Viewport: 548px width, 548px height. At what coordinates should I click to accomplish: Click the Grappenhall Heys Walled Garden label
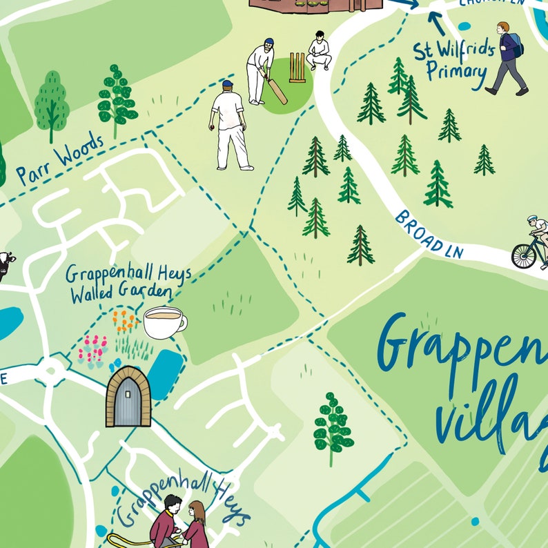(127, 283)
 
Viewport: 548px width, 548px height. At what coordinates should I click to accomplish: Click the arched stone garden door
(128, 397)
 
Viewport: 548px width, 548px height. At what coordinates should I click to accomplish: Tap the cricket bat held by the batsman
(274, 89)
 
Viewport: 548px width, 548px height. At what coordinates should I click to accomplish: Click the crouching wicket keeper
(318, 51)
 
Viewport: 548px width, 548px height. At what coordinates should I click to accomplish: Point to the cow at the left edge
(6, 265)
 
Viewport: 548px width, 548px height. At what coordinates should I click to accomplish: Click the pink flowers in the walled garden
(92, 349)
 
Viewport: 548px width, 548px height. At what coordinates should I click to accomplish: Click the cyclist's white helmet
(534, 219)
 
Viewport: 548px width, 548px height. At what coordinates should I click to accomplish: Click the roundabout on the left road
(50, 373)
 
